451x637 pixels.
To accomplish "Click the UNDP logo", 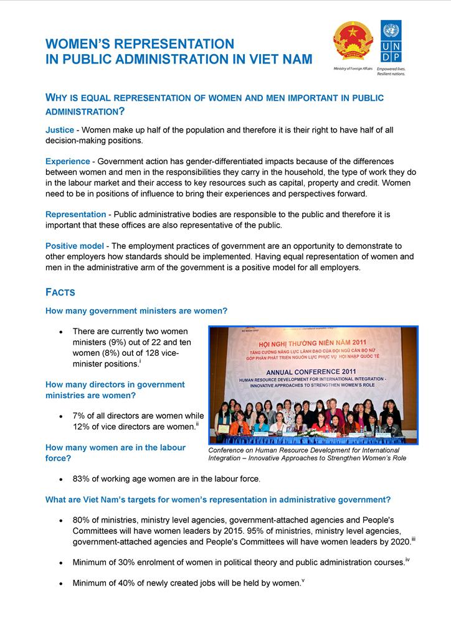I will [x=391, y=42].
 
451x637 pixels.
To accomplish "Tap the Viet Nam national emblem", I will [x=353, y=42].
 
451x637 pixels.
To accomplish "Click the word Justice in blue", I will [x=60, y=130].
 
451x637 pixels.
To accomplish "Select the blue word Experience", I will [x=68, y=161].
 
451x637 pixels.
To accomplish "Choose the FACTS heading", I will [x=60, y=292].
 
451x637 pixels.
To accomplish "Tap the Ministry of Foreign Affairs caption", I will [x=353, y=69].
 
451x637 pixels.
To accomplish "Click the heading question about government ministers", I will [x=136, y=310].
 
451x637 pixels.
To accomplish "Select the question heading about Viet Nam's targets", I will [x=218, y=500].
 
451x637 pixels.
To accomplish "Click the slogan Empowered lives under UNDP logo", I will [x=391, y=69].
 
